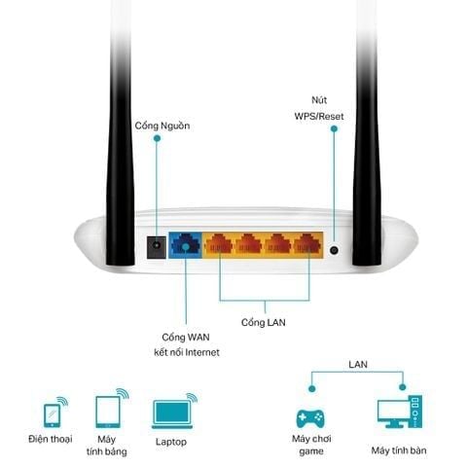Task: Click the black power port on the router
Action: click(157, 247)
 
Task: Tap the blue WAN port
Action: click(185, 245)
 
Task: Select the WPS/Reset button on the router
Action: click(334, 250)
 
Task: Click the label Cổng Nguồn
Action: click(162, 126)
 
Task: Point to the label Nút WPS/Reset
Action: click(319, 108)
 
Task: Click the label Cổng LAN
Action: click(264, 322)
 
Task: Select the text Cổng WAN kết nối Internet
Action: click(187, 344)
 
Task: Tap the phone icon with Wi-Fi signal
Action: click(55, 412)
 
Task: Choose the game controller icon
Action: click(310, 418)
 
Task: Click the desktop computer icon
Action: click(400, 412)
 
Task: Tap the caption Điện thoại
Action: click(51, 439)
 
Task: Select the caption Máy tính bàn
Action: click(399, 450)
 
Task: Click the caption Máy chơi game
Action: click(311, 445)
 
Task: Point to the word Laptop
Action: click(171, 442)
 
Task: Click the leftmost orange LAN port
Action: click(219, 244)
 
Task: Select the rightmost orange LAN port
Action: click(307, 244)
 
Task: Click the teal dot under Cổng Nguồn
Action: click(157, 138)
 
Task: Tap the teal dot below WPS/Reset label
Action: click(334, 128)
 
